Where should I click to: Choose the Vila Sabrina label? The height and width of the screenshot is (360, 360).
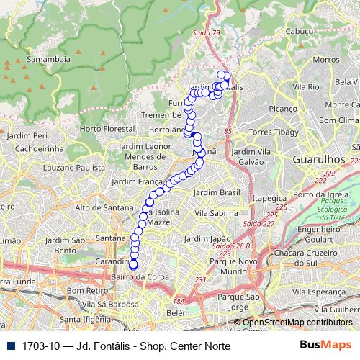[217, 214]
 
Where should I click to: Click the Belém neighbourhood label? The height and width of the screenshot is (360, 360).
[176, 313]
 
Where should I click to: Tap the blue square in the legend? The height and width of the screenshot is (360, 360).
[9, 345]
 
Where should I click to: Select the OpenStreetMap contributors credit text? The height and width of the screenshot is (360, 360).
[297, 323]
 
